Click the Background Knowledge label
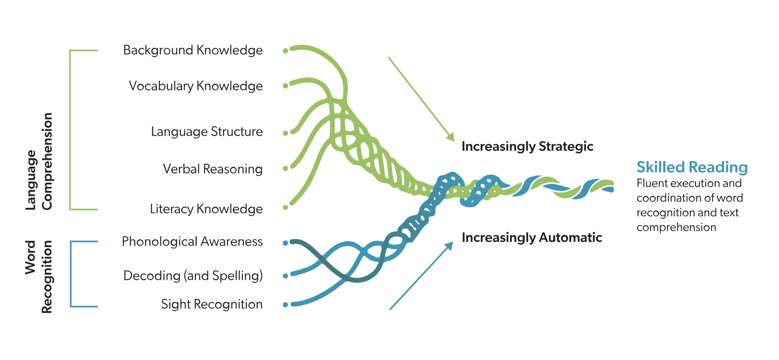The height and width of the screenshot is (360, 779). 193,50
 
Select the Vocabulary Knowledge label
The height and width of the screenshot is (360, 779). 195,86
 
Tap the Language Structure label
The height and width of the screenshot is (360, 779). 206,131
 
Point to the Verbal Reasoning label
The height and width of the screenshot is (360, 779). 213,169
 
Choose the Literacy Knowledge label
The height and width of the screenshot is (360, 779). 206,209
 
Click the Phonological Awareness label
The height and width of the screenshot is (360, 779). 192,241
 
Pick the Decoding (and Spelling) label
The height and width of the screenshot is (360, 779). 193,276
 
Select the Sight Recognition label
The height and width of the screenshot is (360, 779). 212,304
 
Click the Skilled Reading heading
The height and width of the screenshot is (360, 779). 692,167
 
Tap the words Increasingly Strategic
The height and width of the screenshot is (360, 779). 527,146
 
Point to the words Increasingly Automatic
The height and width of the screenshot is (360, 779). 531,237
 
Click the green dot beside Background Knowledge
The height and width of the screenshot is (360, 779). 285,51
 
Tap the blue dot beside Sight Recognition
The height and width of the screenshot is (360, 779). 285,305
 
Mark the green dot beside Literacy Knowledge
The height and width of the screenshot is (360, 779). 285,207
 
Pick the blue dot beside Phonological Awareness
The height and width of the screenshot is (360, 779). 285,243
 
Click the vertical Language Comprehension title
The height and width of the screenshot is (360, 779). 39,161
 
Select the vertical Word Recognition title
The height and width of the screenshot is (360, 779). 39,277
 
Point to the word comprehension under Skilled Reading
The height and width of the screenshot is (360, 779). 676,227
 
